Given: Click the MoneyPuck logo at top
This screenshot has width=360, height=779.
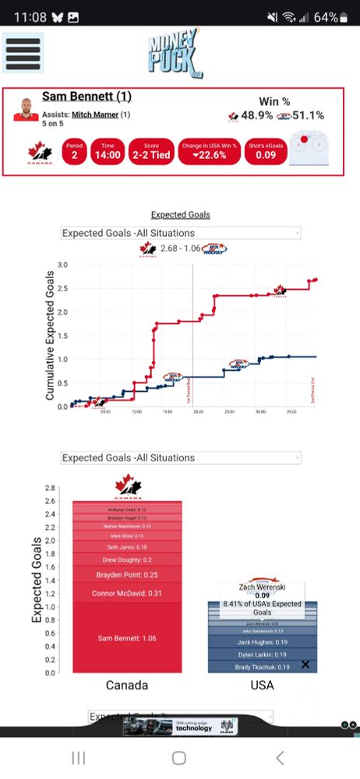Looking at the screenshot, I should coord(174,52).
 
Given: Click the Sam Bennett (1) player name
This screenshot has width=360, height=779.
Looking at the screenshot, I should coord(86,97).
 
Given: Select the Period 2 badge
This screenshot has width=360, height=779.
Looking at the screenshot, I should coord(74,151).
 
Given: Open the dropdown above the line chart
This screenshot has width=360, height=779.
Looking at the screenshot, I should coord(180,233).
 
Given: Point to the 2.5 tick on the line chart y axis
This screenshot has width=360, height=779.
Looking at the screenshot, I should coord(62,288).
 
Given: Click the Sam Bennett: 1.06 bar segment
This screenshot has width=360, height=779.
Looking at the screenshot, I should coord(126,638).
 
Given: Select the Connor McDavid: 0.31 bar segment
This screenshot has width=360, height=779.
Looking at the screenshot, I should coord(126,594).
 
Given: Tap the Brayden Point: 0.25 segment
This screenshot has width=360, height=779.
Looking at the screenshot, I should coord(126,575).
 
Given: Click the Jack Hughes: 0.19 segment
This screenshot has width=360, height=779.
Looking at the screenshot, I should coord(262,642).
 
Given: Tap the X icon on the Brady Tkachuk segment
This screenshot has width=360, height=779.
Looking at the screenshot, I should coord(305,664).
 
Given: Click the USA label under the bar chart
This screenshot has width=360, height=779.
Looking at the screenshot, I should coord(262,686).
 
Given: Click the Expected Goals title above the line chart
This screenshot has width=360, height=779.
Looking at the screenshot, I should coord(180,215).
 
